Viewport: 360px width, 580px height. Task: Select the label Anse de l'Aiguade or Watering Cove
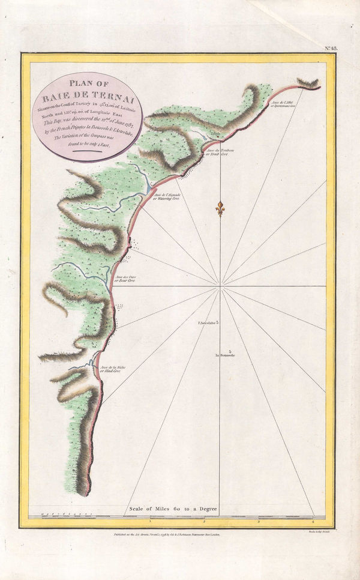[166, 197]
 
